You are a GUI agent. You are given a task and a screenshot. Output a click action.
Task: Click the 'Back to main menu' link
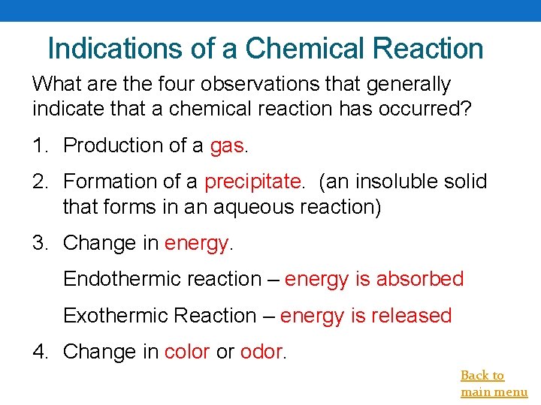(493, 383)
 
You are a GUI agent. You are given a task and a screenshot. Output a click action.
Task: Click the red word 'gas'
(227, 145)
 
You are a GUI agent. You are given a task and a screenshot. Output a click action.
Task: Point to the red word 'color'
(186, 351)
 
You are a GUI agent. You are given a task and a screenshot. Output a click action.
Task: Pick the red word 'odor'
(261, 351)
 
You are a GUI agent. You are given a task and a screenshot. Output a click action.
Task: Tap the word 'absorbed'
(420, 279)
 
